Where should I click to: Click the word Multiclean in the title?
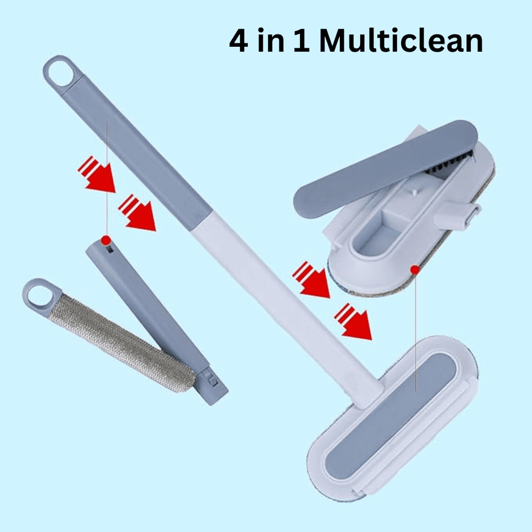click(401, 40)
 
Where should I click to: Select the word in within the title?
click(271, 40)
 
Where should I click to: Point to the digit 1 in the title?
click(301, 41)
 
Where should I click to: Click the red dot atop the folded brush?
click(106, 240)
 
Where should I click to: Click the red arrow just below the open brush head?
click(311, 280)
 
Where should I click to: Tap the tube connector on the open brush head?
click(458, 215)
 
